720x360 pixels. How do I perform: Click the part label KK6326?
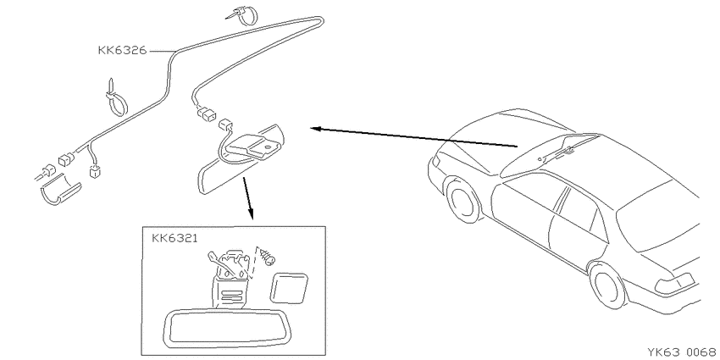coord(122,50)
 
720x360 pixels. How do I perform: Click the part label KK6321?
coord(175,238)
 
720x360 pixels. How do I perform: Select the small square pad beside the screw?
coord(289,288)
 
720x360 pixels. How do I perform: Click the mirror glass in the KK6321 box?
coord(217,328)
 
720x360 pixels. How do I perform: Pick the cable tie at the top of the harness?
coord(243,14)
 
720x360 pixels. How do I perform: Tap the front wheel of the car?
coord(462,200)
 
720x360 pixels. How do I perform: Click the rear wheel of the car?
coord(608,285)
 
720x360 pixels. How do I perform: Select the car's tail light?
coord(675,284)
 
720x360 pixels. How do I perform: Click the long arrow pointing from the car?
coord(414,137)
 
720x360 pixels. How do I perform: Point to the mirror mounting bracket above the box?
coord(252,146)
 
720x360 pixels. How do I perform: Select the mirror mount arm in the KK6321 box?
coord(229,279)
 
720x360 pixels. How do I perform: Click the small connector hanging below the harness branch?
coord(95,173)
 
